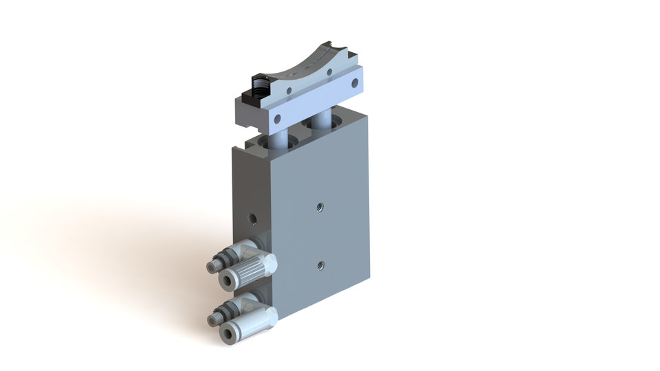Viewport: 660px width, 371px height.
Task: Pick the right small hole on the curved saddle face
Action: (x=330, y=71)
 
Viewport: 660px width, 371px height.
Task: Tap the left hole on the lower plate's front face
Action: (x=278, y=119)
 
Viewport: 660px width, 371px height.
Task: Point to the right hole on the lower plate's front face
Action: (x=355, y=83)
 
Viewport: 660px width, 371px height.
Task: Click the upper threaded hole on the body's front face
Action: (x=319, y=206)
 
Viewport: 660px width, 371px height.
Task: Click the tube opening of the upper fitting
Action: (x=227, y=278)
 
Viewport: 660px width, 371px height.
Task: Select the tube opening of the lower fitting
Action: (x=227, y=333)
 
